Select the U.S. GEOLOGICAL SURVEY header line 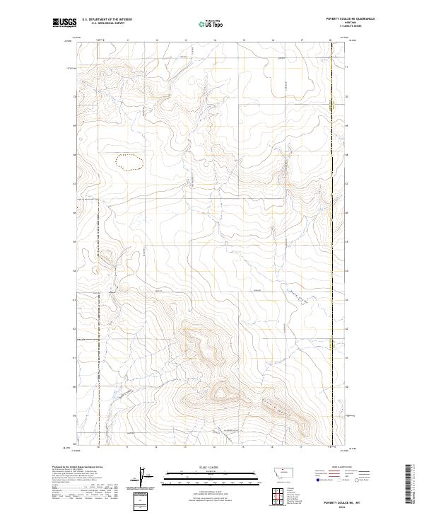[103, 23]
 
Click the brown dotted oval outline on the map [131, 164]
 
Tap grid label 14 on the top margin [214, 40]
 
